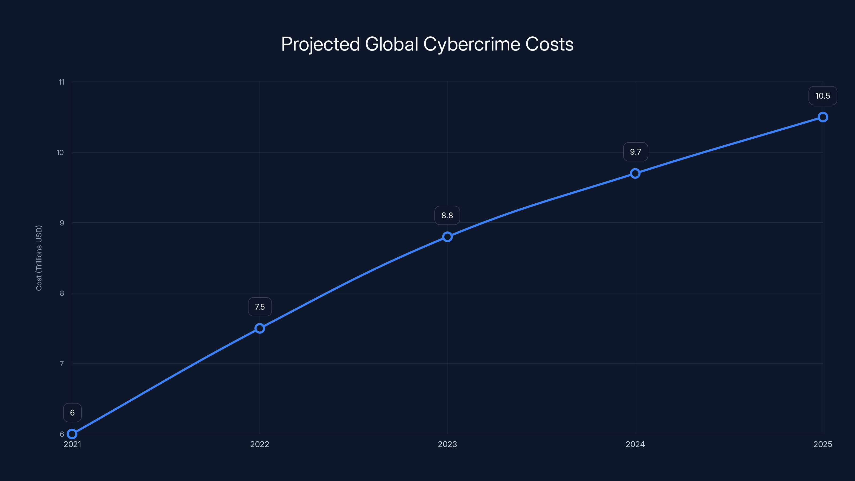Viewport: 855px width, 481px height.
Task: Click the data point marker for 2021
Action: point(72,434)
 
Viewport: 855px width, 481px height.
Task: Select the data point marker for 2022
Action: point(259,328)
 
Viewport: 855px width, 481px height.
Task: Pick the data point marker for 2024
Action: point(635,173)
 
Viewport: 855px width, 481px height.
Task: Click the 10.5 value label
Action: point(822,96)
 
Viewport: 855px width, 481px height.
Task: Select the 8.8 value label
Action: point(447,215)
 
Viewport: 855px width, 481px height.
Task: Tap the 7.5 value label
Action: point(259,307)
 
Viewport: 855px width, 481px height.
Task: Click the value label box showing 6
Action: point(72,413)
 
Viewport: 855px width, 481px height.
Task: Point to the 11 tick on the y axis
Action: point(61,82)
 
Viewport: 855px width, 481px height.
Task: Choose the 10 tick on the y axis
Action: point(60,152)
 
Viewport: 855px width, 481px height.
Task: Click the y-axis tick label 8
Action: point(62,293)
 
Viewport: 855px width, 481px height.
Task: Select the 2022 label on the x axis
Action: point(259,444)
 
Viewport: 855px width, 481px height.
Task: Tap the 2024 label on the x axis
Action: point(635,444)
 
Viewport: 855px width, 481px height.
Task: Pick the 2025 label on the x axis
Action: point(822,444)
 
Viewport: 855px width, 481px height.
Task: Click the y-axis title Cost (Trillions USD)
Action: point(39,258)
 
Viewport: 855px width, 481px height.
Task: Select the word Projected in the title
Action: point(320,44)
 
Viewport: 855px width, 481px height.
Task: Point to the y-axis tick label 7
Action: point(62,364)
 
